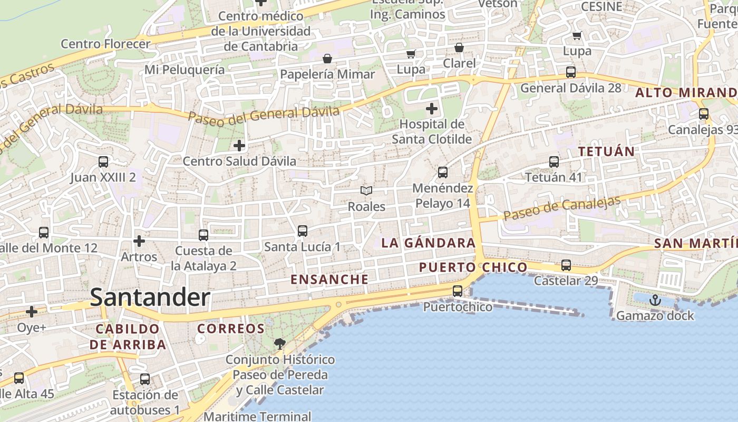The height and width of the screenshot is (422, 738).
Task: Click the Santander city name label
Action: (x=150, y=298)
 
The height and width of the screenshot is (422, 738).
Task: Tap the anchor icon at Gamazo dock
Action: (x=655, y=300)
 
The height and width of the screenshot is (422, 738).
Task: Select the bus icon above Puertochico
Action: (x=458, y=291)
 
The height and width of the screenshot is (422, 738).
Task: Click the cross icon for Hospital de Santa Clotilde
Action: (x=432, y=109)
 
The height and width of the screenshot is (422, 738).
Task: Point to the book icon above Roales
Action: (x=366, y=190)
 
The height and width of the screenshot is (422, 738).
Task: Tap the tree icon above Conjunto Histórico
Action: (x=279, y=344)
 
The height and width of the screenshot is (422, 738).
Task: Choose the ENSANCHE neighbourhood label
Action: (x=329, y=279)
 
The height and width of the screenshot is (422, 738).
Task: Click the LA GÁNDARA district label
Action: (x=428, y=243)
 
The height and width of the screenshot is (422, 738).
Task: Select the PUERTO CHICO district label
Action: (x=473, y=267)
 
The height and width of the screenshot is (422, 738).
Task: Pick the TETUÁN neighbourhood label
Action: (x=606, y=151)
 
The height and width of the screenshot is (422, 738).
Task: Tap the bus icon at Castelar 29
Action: (x=566, y=265)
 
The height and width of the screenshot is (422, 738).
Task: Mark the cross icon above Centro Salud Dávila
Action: (x=239, y=145)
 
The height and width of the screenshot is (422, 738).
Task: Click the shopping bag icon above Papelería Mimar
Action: (x=327, y=59)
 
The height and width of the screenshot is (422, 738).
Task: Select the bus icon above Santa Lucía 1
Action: (x=302, y=231)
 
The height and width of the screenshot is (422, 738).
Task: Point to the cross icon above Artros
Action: (x=139, y=241)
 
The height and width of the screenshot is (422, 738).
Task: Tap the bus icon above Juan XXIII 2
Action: (x=103, y=162)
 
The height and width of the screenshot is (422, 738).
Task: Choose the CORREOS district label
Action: (x=231, y=329)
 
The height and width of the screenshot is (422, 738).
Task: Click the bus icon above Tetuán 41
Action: (x=553, y=162)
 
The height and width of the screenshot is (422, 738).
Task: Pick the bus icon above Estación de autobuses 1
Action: (x=145, y=379)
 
